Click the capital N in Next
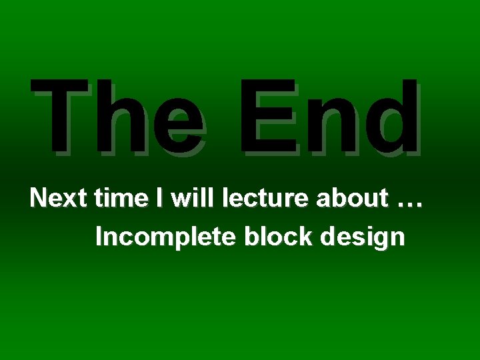pyautogui.click(x=37, y=199)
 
